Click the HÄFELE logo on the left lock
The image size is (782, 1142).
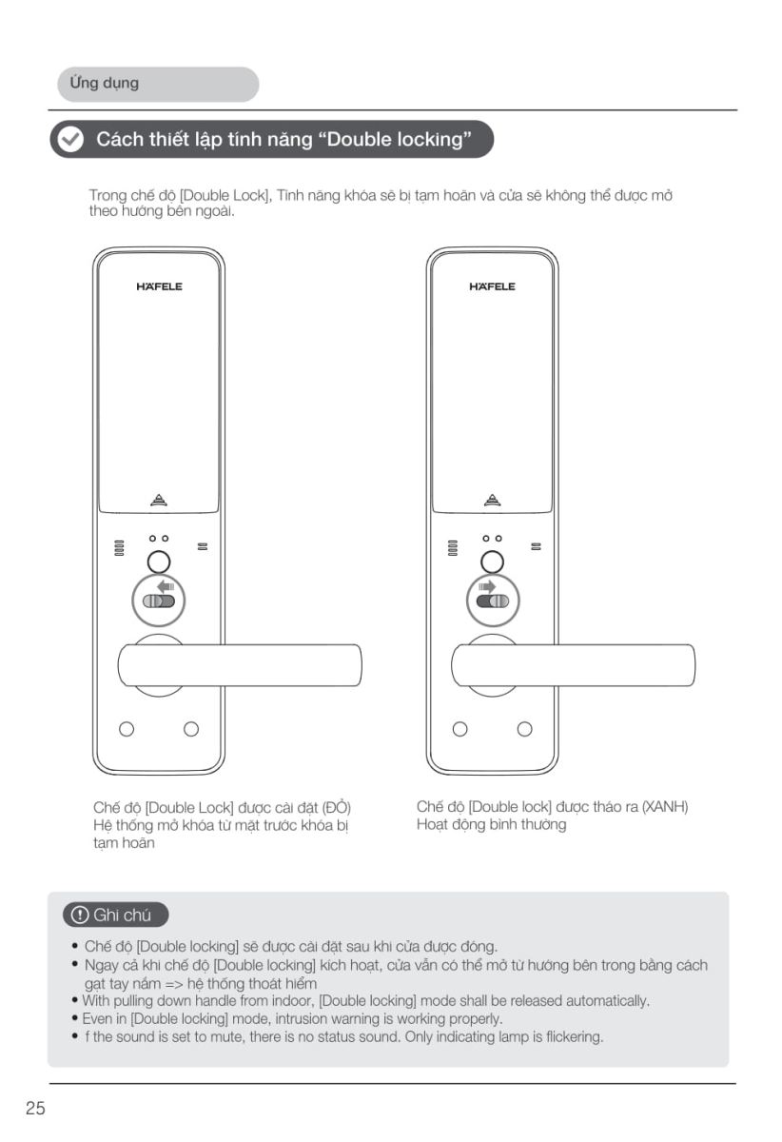159,286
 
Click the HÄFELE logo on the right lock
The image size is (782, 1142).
492,286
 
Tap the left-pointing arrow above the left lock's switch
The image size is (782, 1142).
166,586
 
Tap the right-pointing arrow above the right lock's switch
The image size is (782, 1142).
487,586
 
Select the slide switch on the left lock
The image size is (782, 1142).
159,601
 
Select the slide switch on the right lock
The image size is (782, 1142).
493,601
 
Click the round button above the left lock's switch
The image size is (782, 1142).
159,561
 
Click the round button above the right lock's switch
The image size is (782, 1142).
492,561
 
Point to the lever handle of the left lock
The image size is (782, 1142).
240,665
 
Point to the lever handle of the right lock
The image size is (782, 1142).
573,665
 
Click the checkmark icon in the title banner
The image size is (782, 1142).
70,139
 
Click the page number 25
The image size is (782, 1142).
35,1108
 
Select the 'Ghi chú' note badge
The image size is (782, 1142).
116,915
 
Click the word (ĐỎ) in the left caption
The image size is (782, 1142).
337,808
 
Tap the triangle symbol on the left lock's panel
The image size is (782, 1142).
159,501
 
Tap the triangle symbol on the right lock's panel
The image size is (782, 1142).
492,501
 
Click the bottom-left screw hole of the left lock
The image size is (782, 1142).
127,729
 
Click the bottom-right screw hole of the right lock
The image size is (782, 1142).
524,729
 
